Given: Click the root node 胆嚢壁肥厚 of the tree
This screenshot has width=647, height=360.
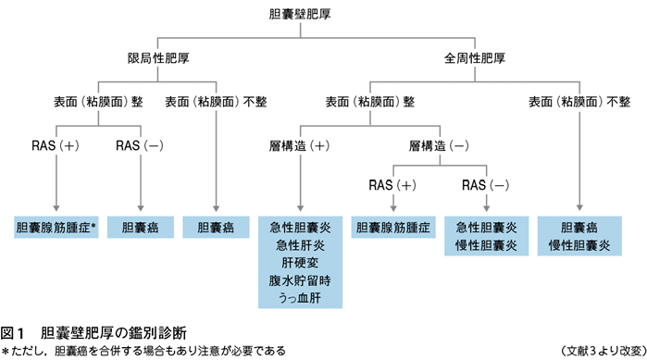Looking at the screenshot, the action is (300, 14).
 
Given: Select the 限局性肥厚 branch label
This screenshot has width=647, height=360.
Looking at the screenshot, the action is (158, 58).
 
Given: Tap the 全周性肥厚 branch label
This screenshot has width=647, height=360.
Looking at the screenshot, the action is (475, 58).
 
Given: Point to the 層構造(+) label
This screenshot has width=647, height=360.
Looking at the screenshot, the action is (300, 145).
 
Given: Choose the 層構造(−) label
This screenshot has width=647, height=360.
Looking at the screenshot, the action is (439, 145).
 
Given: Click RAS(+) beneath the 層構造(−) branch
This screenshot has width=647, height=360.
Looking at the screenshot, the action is (392, 185).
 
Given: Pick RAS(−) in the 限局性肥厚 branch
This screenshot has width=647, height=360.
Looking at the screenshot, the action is (140, 145).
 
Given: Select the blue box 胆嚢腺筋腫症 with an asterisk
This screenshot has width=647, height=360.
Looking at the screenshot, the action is (56, 228).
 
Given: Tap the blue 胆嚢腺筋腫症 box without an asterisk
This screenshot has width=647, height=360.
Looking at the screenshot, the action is (393, 228).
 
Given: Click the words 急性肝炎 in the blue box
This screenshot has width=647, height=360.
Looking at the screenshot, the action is (301, 245).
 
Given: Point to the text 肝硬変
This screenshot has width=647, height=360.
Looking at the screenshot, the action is (301, 263).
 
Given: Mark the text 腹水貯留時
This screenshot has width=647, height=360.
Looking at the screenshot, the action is (300, 280).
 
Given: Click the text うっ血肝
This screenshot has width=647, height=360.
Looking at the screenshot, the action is (300, 298).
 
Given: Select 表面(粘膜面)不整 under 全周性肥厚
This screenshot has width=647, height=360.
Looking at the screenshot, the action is (579, 102).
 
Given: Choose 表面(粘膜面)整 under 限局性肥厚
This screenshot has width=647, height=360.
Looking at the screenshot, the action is (98, 102).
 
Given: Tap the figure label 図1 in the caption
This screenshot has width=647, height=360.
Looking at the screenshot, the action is (12, 333).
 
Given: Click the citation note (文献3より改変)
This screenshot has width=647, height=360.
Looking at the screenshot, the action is (603, 351).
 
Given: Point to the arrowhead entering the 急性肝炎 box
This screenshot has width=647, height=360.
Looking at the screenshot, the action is (301, 208).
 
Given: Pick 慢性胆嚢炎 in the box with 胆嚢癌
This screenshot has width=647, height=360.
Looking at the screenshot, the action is (579, 246).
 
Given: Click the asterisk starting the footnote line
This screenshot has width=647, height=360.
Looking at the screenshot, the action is (5, 351).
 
